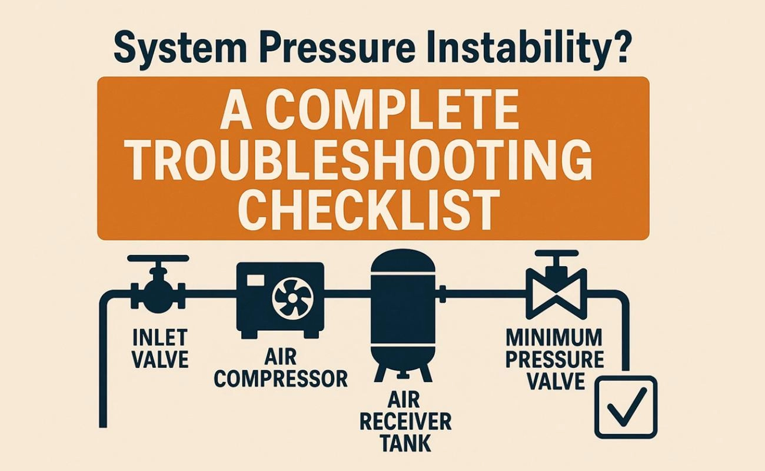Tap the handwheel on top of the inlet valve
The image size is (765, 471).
pos(158,258)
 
